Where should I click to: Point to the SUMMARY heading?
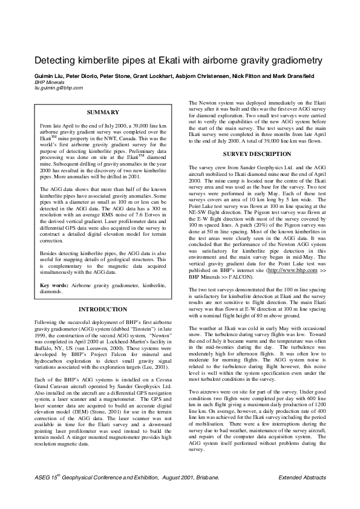pyautogui.click(x=102, y=112)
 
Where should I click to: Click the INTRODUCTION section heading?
pyautogui.click(x=103, y=309)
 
